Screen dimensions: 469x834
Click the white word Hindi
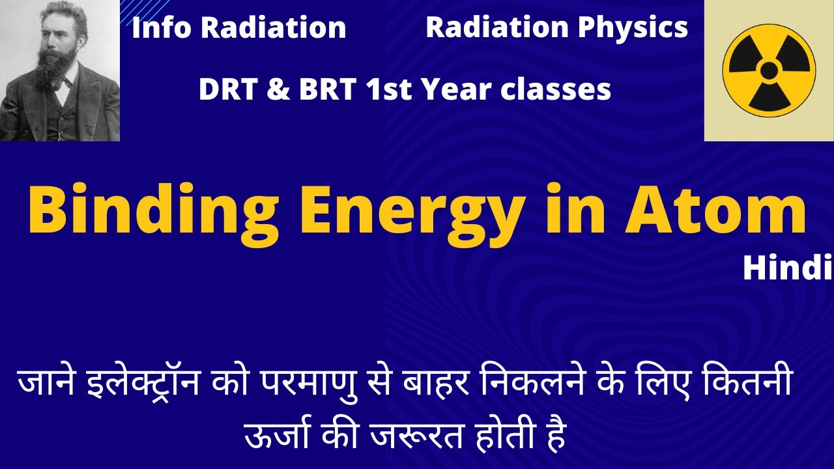pyautogui.click(x=787, y=268)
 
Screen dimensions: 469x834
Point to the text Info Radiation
pyautogui.click(x=238, y=28)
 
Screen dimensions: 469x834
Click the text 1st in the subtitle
pyautogui.click(x=390, y=90)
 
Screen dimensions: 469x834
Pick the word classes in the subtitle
pyautogui.click(x=556, y=90)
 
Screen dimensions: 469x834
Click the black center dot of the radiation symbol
pyautogui.click(x=769, y=70)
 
